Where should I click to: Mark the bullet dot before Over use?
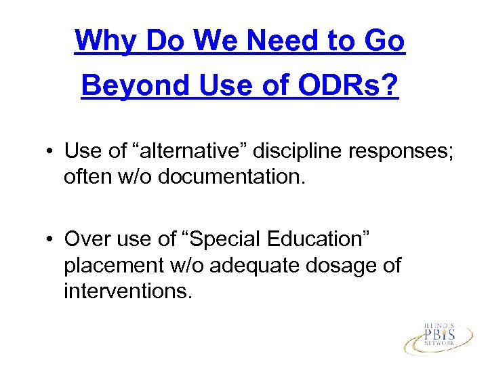(x=52, y=240)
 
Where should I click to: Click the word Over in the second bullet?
(x=85, y=240)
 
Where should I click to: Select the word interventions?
(x=128, y=291)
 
